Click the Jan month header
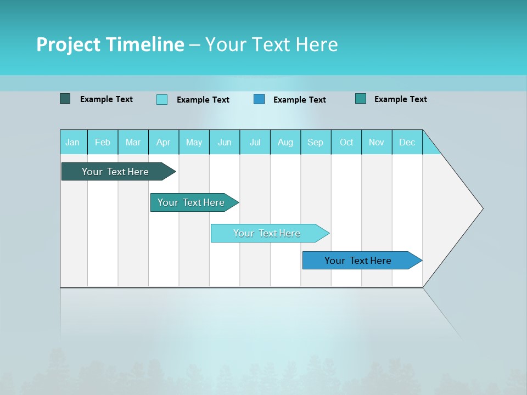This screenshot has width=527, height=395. (72, 142)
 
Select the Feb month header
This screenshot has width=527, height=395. (103, 142)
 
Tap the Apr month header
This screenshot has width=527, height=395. (163, 142)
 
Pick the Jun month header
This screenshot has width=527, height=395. (225, 142)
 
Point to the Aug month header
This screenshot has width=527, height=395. (285, 142)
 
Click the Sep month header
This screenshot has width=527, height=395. (315, 142)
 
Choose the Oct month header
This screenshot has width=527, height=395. (346, 142)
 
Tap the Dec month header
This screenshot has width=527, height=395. (407, 142)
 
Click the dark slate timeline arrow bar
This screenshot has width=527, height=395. (115, 172)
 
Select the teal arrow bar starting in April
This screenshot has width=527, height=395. (191, 202)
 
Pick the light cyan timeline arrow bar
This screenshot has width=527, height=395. (267, 233)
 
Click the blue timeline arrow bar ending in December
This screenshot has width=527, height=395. (358, 261)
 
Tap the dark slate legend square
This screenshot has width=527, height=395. (65, 99)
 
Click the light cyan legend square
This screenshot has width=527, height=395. (162, 99)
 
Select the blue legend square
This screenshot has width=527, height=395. (259, 99)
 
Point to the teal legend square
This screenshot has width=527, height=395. (361, 99)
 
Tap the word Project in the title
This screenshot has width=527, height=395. (69, 44)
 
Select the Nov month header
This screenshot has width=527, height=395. (376, 142)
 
